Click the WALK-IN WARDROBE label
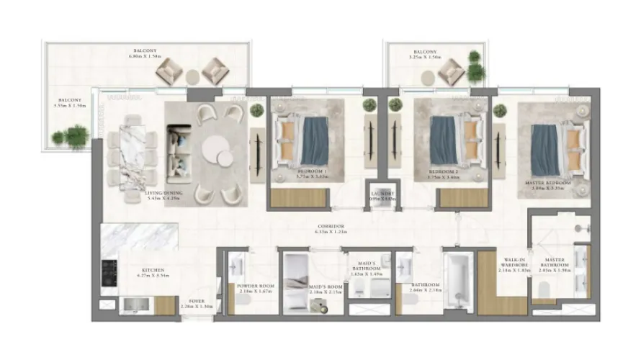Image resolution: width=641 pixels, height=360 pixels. [x=516, y=264]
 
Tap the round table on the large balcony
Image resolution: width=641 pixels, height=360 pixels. [x=192, y=76]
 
